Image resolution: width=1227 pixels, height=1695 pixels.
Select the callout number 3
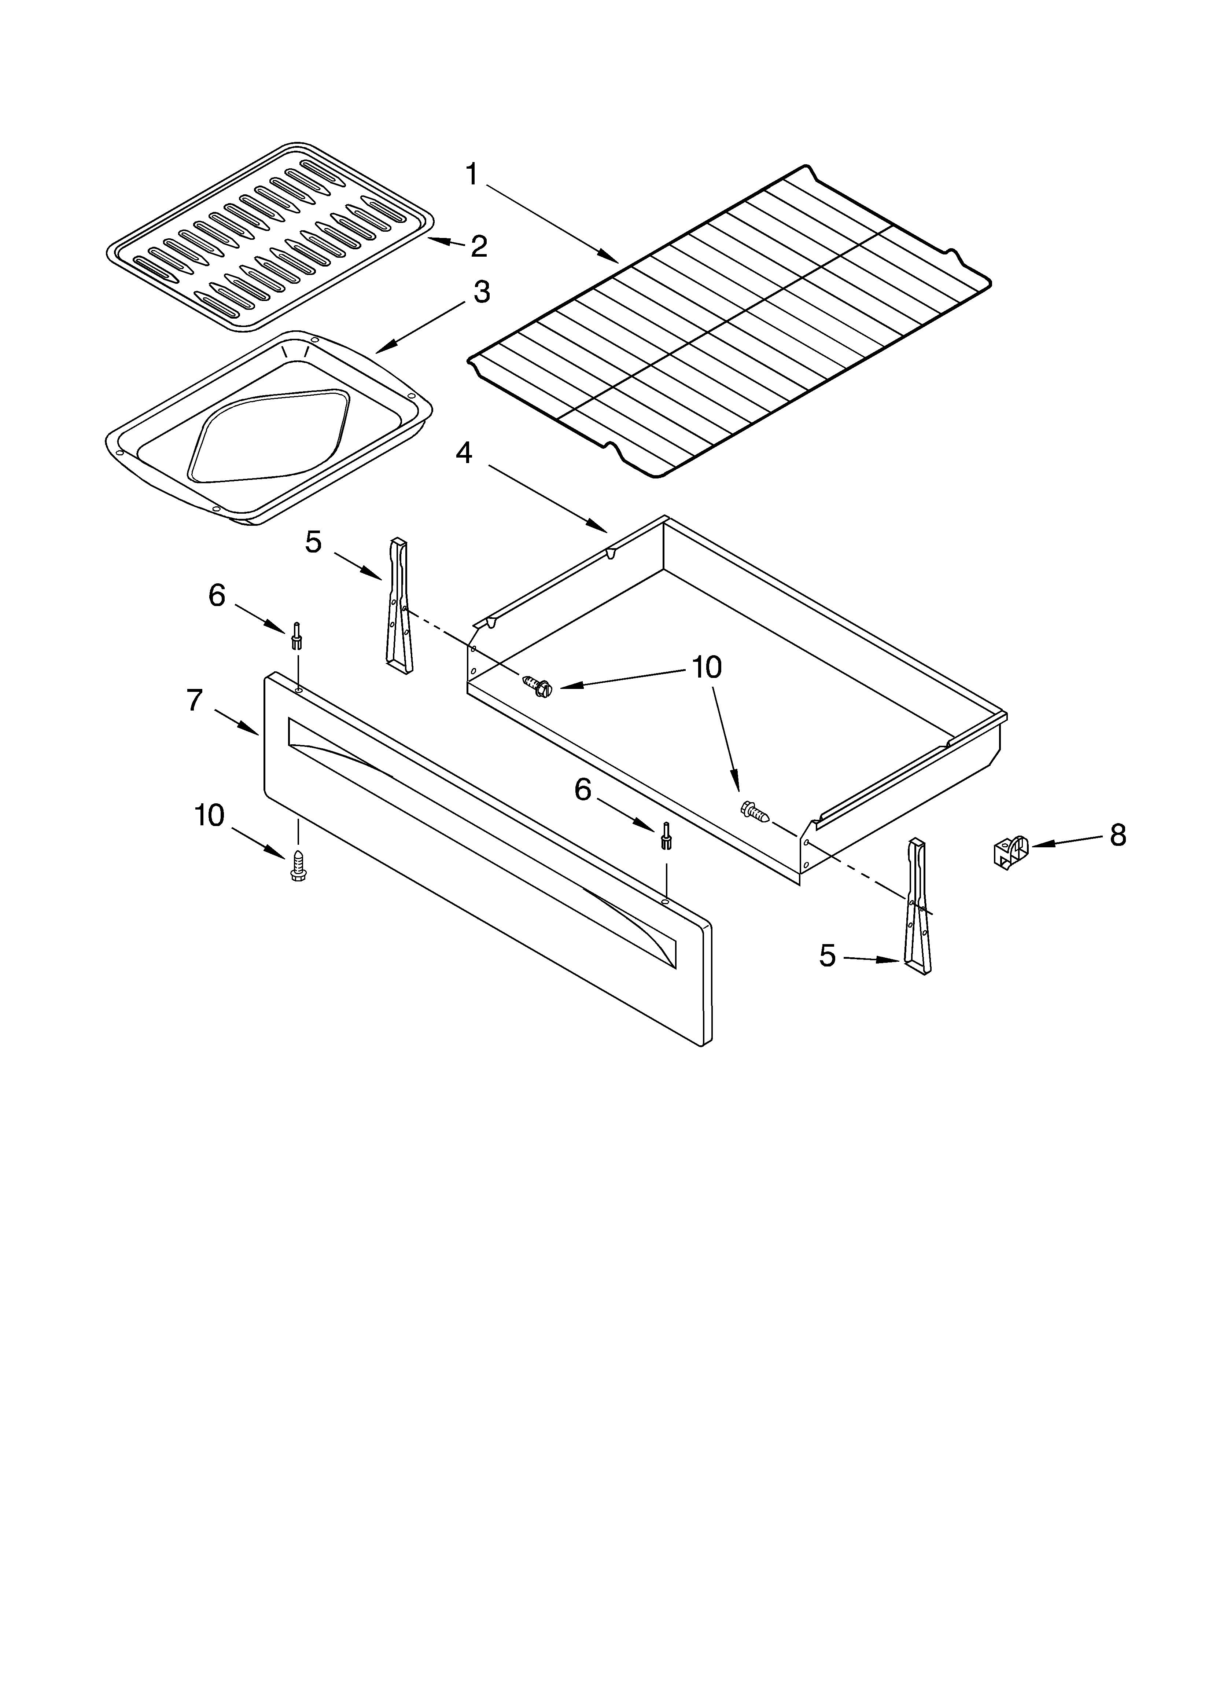coord(482,292)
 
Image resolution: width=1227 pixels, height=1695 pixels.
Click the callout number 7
coord(194,700)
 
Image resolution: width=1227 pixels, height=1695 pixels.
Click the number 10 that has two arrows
coord(706,667)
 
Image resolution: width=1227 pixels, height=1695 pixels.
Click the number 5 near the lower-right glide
coord(827,955)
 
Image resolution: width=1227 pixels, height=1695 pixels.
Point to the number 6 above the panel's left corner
coord(217,596)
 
